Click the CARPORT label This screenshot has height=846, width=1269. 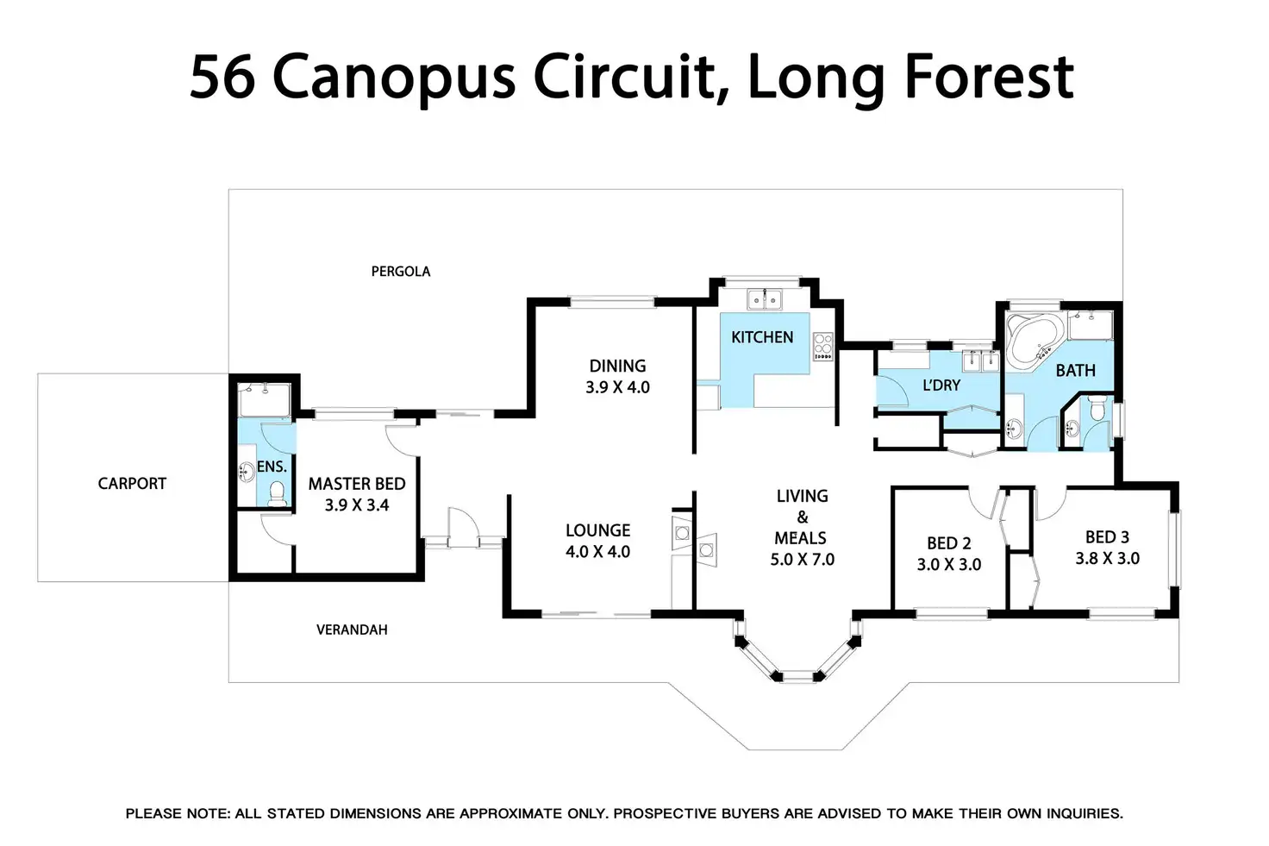click(x=132, y=484)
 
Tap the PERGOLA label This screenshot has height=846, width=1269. click(x=401, y=272)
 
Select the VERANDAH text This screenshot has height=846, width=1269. click(x=352, y=630)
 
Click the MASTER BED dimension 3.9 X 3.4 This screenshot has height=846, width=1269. click(x=357, y=505)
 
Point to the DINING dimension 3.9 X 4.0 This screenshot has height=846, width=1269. click(x=617, y=388)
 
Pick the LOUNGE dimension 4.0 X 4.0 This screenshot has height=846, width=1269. click(x=597, y=552)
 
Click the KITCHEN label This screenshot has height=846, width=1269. click(x=762, y=337)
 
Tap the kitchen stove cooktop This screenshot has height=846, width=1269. click(x=823, y=346)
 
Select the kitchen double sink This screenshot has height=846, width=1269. click(x=764, y=299)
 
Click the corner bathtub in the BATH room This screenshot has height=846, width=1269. click(x=1034, y=342)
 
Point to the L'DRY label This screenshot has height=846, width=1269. click(x=941, y=385)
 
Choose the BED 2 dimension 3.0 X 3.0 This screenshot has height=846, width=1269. click(x=949, y=565)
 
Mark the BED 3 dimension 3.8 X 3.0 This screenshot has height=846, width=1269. click(x=1107, y=559)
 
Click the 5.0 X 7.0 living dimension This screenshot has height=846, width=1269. click(x=802, y=560)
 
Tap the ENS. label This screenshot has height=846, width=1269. click(x=272, y=467)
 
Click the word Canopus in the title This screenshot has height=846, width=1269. click(x=394, y=77)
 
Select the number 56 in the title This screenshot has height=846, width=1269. click(x=222, y=77)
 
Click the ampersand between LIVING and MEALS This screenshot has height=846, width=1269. click(x=802, y=517)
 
